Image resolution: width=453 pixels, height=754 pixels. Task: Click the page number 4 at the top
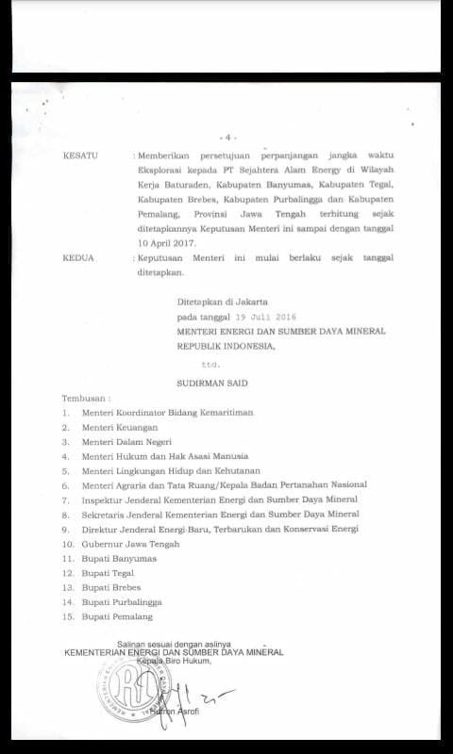coord(227,137)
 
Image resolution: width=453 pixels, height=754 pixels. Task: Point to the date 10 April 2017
coord(167,242)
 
